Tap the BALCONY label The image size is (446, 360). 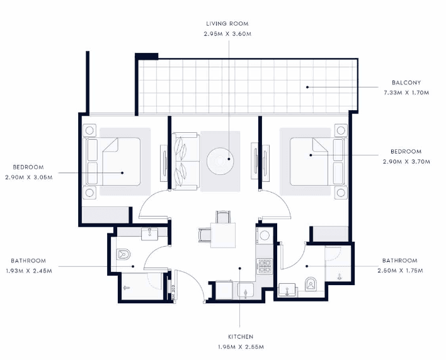tap(406, 82)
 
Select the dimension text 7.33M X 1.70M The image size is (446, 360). tap(406, 93)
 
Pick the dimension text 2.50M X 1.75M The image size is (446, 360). tap(399, 271)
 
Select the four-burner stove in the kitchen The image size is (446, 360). tap(265, 266)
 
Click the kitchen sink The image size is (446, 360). tap(244, 291)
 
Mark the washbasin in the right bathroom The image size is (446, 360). tap(287, 291)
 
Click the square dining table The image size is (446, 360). tap(222, 235)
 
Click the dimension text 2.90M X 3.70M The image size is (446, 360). tap(406, 162)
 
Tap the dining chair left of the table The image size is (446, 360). tap(204, 234)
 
